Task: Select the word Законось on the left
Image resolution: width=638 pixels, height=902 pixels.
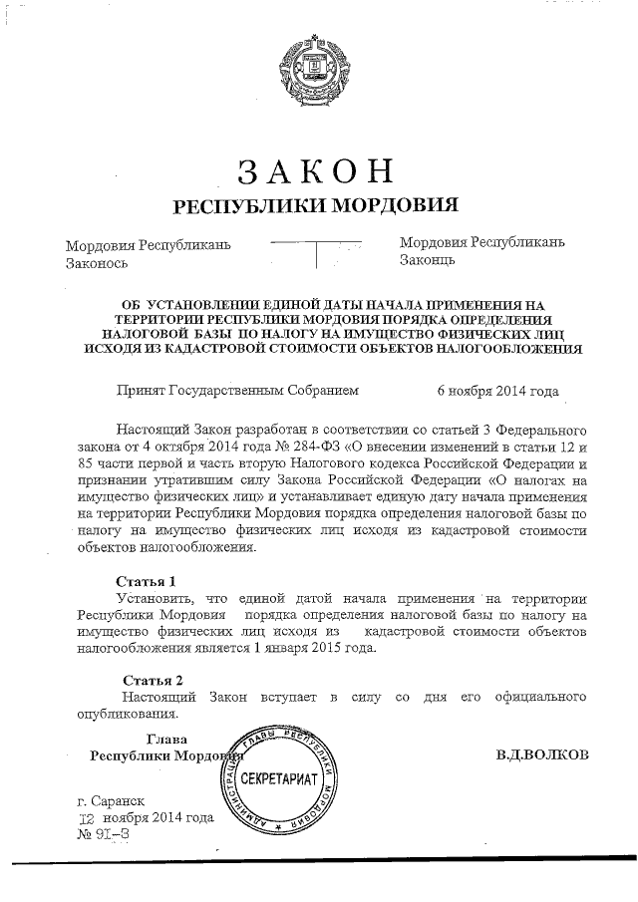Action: point(98,263)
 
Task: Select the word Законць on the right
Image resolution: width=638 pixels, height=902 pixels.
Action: point(428,261)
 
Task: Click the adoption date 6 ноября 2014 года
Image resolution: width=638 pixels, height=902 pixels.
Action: point(497,392)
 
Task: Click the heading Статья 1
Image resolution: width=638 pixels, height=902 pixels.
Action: point(146,580)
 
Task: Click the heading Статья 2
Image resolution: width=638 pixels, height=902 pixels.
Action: point(146,681)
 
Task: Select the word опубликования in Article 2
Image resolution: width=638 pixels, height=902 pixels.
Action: point(128,714)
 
